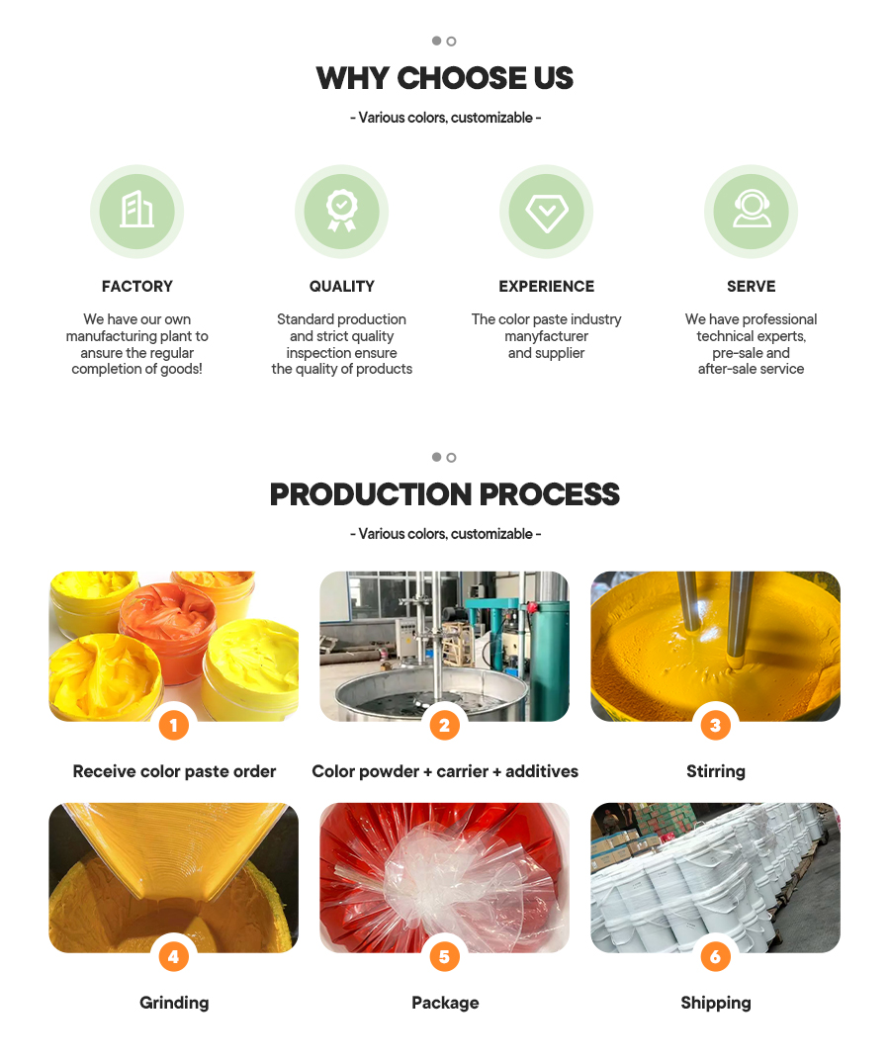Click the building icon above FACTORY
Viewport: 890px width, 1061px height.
point(136,210)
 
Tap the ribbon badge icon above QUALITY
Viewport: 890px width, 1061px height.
point(342,211)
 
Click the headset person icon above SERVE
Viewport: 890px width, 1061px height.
point(752,209)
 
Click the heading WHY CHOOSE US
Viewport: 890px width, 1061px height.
point(445,78)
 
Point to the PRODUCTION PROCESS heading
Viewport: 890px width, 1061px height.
point(445,494)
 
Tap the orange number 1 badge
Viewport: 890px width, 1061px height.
point(174,726)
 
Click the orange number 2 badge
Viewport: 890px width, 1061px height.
point(445,726)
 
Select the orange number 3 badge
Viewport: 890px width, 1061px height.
point(715,726)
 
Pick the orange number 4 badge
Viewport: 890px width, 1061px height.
point(174,957)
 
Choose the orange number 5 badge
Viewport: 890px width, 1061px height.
point(445,957)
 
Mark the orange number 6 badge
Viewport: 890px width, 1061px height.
point(715,957)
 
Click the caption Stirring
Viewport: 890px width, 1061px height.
point(715,771)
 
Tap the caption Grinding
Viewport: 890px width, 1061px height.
point(174,1003)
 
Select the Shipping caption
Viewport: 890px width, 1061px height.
point(715,1003)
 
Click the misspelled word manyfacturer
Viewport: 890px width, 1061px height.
point(546,336)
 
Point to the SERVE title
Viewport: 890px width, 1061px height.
point(752,286)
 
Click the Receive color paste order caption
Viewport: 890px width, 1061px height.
point(174,771)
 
